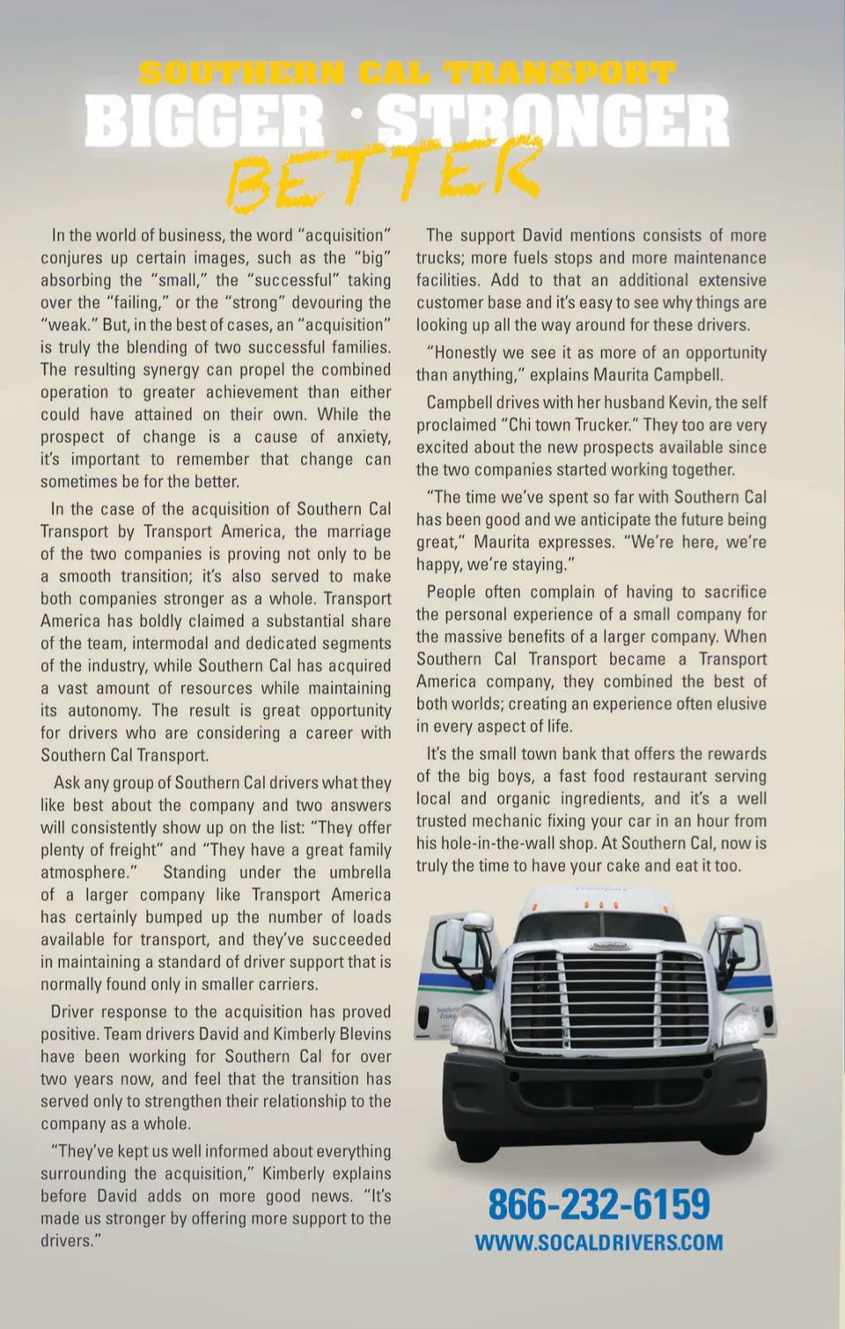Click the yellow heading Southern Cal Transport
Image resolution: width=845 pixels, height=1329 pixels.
pyautogui.click(x=407, y=72)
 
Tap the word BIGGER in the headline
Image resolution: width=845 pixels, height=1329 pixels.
pyautogui.click(x=204, y=121)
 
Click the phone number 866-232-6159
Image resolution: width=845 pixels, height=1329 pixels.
pyautogui.click(x=599, y=1204)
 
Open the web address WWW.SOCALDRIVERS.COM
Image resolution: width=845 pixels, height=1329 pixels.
pyautogui.click(x=599, y=1243)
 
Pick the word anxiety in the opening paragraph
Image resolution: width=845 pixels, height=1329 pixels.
pyautogui.click(x=362, y=437)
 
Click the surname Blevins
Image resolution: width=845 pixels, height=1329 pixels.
pyautogui.click(x=359, y=1034)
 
